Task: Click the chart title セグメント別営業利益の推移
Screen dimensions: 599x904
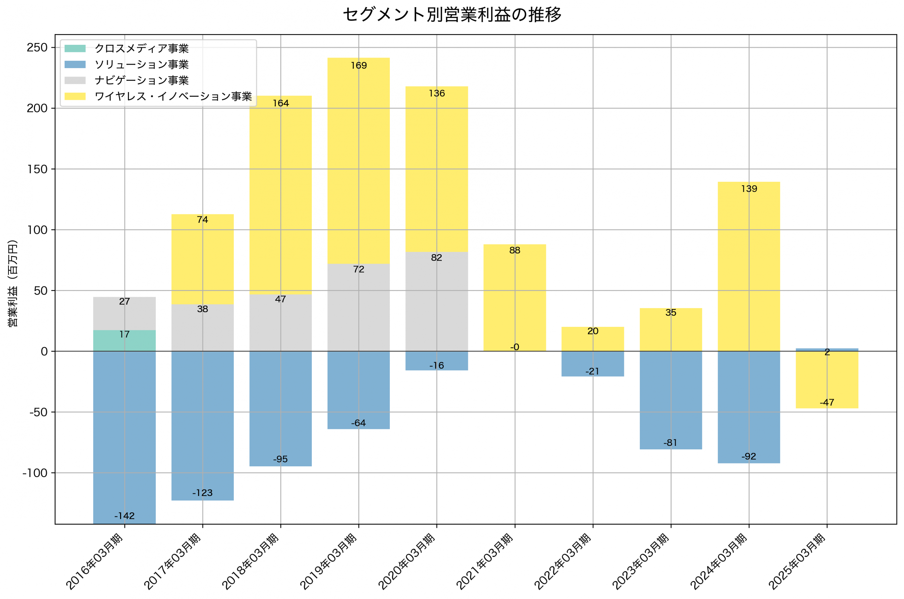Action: [452, 14]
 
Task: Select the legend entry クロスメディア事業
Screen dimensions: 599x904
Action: [141, 48]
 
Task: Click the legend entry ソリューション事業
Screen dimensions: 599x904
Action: [141, 65]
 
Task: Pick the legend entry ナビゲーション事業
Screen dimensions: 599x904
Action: [141, 80]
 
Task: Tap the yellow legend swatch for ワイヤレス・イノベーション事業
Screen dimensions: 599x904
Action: [75, 96]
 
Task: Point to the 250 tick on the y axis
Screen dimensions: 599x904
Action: [37, 48]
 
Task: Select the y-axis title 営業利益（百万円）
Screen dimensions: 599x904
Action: [13, 283]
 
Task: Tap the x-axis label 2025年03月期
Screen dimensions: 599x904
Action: [798, 561]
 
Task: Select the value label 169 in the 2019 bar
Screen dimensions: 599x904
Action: [359, 66]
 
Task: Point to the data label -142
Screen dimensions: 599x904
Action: [125, 516]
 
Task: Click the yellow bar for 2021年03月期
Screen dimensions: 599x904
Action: [515, 298]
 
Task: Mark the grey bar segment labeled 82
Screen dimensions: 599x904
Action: [436, 301]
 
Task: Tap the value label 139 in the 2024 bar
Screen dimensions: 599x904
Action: [749, 189]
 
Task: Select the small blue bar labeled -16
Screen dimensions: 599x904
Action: [436, 361]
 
